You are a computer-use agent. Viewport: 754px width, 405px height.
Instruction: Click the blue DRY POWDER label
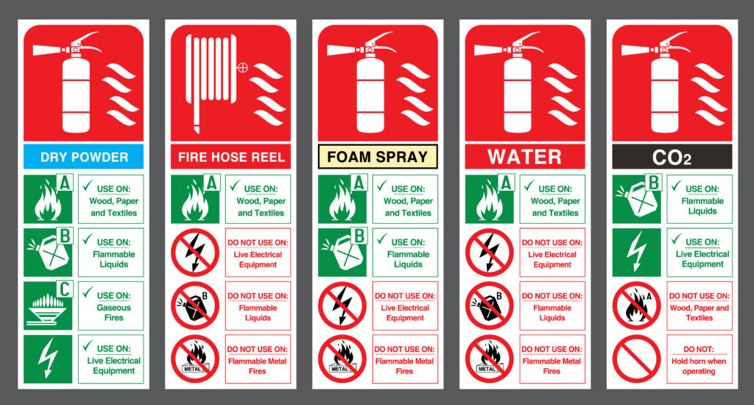tap(83, 157)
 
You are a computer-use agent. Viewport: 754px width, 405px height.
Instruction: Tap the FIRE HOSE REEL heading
tap(230, 157)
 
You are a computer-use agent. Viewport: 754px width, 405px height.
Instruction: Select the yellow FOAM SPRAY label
tap(377, 157)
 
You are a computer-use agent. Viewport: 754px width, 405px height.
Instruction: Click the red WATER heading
tap(524, 157)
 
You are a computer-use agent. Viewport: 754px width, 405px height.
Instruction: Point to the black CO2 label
tap(672, 157)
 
